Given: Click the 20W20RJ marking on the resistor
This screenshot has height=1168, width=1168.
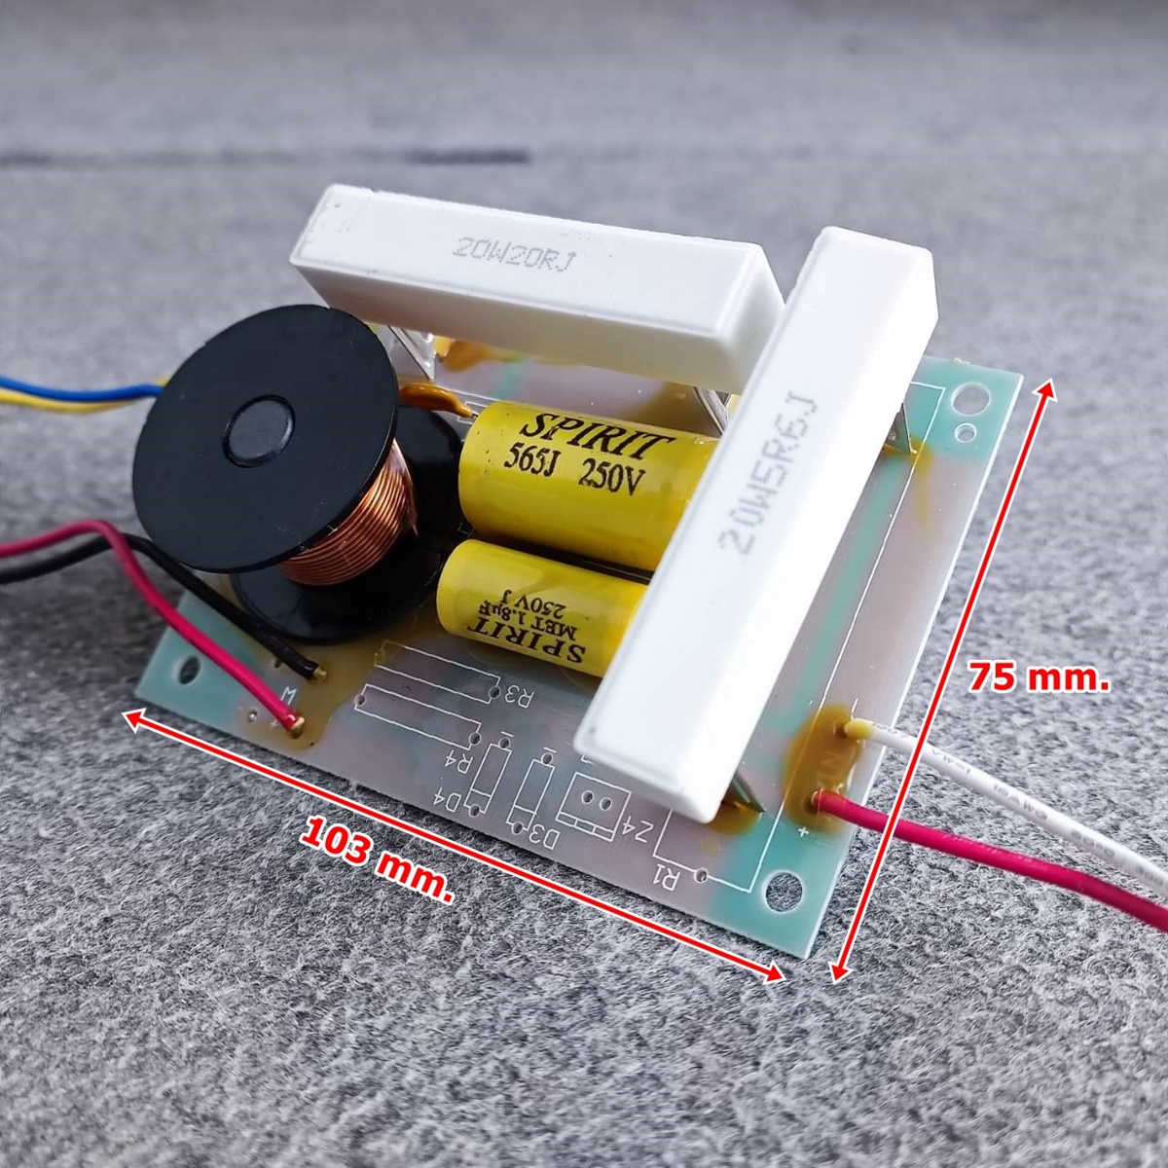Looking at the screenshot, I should tap(514, 251).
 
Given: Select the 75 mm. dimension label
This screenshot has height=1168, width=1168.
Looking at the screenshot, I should tap(1039, 677).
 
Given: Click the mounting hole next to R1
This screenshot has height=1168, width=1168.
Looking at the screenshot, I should tap(782, 887).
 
